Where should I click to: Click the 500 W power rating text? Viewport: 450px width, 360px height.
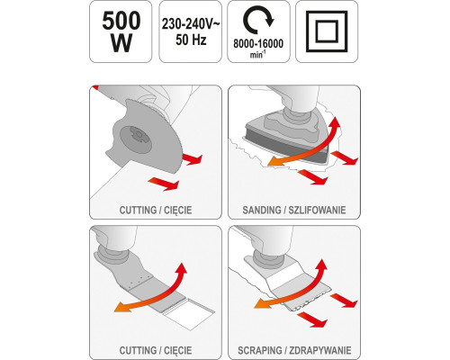121,32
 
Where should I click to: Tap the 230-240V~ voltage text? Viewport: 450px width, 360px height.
191,23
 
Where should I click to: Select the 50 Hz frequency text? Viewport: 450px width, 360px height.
191,40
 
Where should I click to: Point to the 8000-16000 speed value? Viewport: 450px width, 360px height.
258,44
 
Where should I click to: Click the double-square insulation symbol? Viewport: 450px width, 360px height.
327,31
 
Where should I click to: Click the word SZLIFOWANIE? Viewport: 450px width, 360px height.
317,210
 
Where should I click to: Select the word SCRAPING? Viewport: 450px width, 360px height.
260,350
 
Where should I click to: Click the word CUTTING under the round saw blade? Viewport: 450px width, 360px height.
138,210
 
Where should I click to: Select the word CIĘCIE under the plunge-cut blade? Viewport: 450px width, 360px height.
178,350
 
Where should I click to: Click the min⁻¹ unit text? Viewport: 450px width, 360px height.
258,55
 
